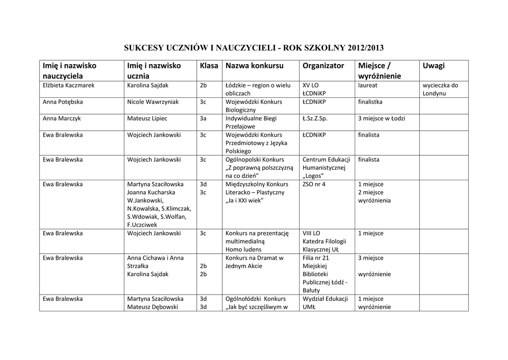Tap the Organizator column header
pos(323,66)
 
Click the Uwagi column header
pos(434,66)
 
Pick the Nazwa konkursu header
pos(254,66)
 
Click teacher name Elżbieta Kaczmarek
pos(68,85)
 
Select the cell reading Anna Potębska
pos(63,102)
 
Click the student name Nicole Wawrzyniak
pos(153,102)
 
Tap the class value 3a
pos(203,118)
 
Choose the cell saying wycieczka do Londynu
pos(441,89)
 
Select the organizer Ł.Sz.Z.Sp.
pos(315,118)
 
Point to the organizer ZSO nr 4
pos(314,184)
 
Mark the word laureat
pos(368,85)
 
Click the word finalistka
pos(370,102)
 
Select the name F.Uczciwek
pos(142,224)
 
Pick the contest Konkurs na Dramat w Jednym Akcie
pos(254,262)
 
